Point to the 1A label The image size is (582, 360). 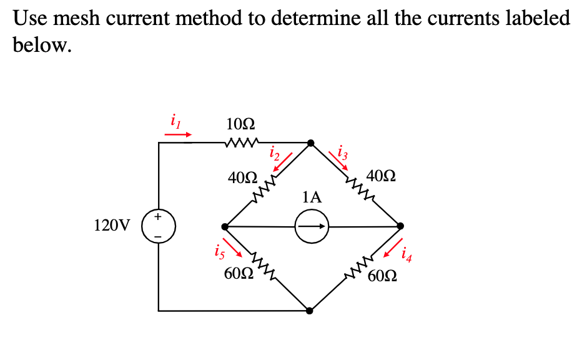[x=312, y=198]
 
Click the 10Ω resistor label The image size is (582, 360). [x=240, y=123]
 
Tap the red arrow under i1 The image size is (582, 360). [x=178, y=133]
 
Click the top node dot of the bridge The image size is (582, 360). [x=310, y=143]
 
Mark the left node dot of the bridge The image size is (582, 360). [x=225, y=226]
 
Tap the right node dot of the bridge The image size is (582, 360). [x=400, y=226]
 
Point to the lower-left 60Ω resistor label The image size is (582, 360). [x=238, y=274]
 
